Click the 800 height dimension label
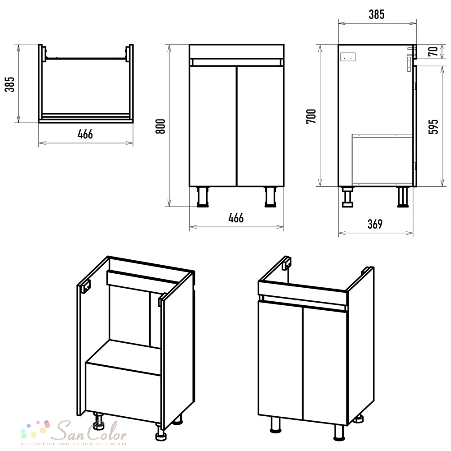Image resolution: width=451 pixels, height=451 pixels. (x=160, y=126)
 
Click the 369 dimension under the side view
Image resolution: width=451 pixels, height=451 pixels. (x=375, y=224)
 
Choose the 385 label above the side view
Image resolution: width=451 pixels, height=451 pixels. (x=377, y=14)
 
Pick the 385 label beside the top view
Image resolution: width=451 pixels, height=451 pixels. (x=9, y=84)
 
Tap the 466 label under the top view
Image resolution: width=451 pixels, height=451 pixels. (x=85, y=134)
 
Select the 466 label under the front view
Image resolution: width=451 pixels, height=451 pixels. (x=236, y=218)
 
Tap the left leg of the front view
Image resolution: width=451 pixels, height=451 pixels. (x=203, y=197)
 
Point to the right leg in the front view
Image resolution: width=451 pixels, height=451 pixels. (x=270, y=197)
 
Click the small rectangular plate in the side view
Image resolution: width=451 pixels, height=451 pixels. (x=348, y=57)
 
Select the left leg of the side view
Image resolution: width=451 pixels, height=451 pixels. (x=347, y=197)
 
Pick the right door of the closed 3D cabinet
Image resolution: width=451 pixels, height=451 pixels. (x=325, y=364)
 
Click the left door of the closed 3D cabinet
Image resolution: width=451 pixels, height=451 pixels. (x=281, y=359)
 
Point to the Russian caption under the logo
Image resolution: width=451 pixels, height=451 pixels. (x=74, y=444)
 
